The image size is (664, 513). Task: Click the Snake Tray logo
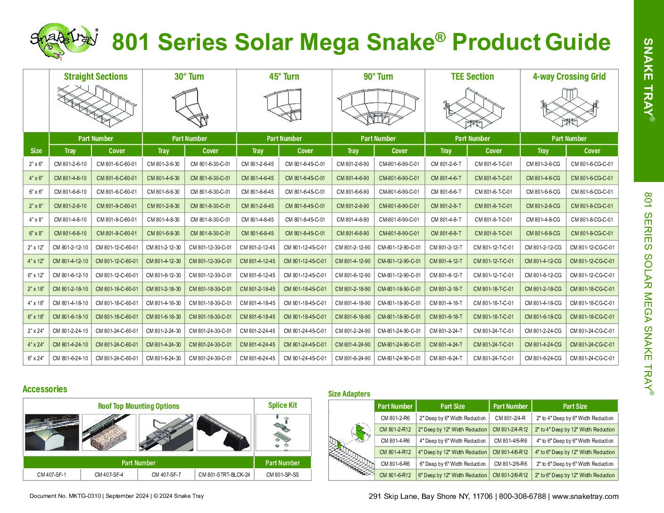(x=64, y=41)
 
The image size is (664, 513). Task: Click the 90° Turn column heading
(x=378, y=76)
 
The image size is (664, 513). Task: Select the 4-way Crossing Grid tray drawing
(x=569, y=107)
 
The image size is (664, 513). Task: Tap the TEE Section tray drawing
(x=473, y=108)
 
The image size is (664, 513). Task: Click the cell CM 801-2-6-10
(x=70, y=164)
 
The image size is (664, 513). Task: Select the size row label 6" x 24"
(x=36, y=358)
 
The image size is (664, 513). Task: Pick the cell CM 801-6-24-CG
(x=543, y=358)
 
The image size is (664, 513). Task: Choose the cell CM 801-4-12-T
(x=446, y=261)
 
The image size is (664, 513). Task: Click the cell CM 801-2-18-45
(x=257, y=289)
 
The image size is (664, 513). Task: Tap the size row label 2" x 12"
(x=36, y=248)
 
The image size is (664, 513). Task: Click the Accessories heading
(x=45, y=389)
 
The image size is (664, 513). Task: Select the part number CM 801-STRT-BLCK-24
(x=224, y=475)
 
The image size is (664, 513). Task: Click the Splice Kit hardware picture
(x=282, y=432)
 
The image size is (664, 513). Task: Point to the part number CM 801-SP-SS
(x=282, y=475)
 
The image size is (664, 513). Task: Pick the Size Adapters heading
(x=349, y=394)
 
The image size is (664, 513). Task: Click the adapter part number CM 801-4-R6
(x=395, y=441)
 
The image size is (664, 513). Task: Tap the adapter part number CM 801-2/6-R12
(x=510, y=475)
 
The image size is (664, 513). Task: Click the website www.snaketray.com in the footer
(x=585, y=496)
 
